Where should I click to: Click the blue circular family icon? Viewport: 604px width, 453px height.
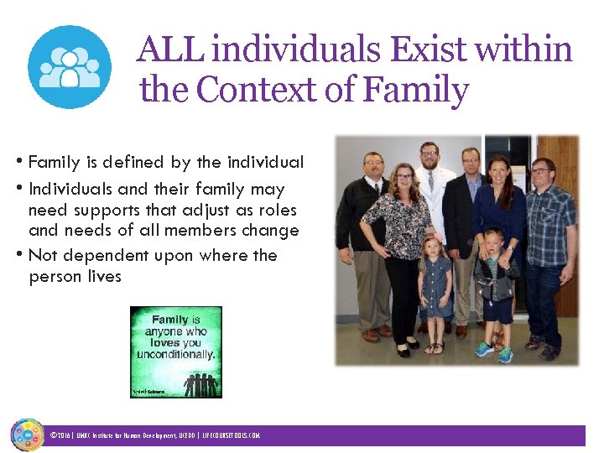pos(69,67)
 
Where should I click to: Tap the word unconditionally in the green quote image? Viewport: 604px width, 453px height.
pos(180,353)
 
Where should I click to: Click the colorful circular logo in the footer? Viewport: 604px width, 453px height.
pos(27,435)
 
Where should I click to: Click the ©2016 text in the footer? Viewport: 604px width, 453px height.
pos(61,436)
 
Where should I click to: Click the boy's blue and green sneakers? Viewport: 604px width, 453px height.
pos(494,351)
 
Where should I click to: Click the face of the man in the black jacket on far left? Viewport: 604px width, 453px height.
pos(372,165)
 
